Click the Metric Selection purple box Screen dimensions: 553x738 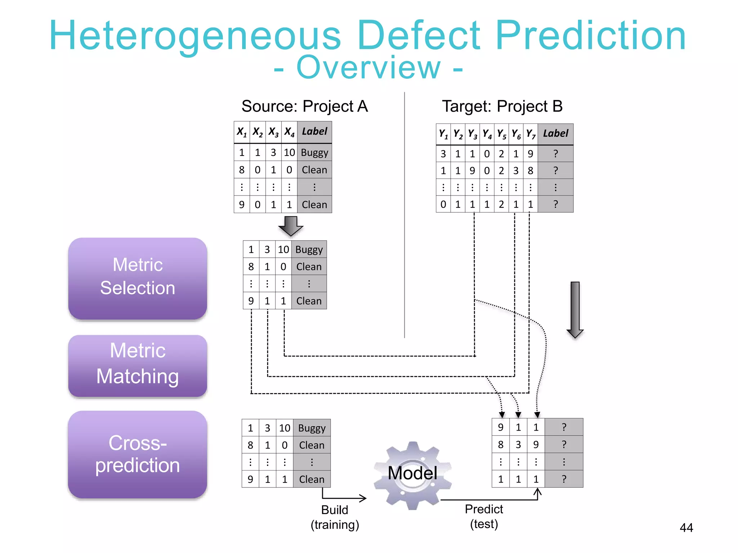tap(138, 278)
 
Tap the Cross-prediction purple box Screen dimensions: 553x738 tap(138, 454)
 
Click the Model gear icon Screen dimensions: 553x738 tap(413, 475)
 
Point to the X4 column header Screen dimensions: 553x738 tap(289, 132)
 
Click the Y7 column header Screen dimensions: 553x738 tap(530, 134)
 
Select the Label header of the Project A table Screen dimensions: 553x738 tap(315, 132)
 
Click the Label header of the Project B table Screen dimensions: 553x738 tap(555, 134)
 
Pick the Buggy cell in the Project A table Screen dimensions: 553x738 tap(315, 153)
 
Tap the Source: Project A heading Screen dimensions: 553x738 tap(304, 107)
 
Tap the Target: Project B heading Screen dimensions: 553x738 tap(502, 107)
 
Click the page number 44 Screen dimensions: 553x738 tap(686, 528)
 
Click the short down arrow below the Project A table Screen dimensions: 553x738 tap(291, 226)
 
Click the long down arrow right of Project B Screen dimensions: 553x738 tap(575, 310)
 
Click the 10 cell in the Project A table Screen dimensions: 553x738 tap(289, 153)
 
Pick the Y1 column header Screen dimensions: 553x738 tap(443, 134)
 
